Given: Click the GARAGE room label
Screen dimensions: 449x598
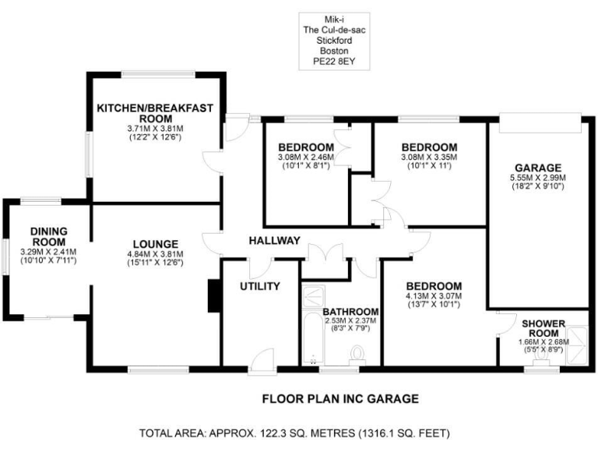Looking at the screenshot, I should click(x=538, y=168).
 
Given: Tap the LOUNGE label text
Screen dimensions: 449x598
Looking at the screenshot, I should click(x=155, y=243).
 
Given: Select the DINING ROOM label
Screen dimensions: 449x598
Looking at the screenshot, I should click(x=49, y=236).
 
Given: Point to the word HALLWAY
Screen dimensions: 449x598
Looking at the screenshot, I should click(x=274, y=241).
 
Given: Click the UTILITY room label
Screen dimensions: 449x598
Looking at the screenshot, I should click(x=259, y=286).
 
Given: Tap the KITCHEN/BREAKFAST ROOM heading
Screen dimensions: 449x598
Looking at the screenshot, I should click(x=155, y=112).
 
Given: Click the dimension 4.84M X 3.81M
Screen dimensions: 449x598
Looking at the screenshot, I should click(x=155, y=253).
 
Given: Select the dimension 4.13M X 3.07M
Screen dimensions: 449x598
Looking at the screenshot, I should click(x=434, y=295).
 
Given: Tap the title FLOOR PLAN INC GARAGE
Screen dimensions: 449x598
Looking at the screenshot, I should click(x=340, y=398).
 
